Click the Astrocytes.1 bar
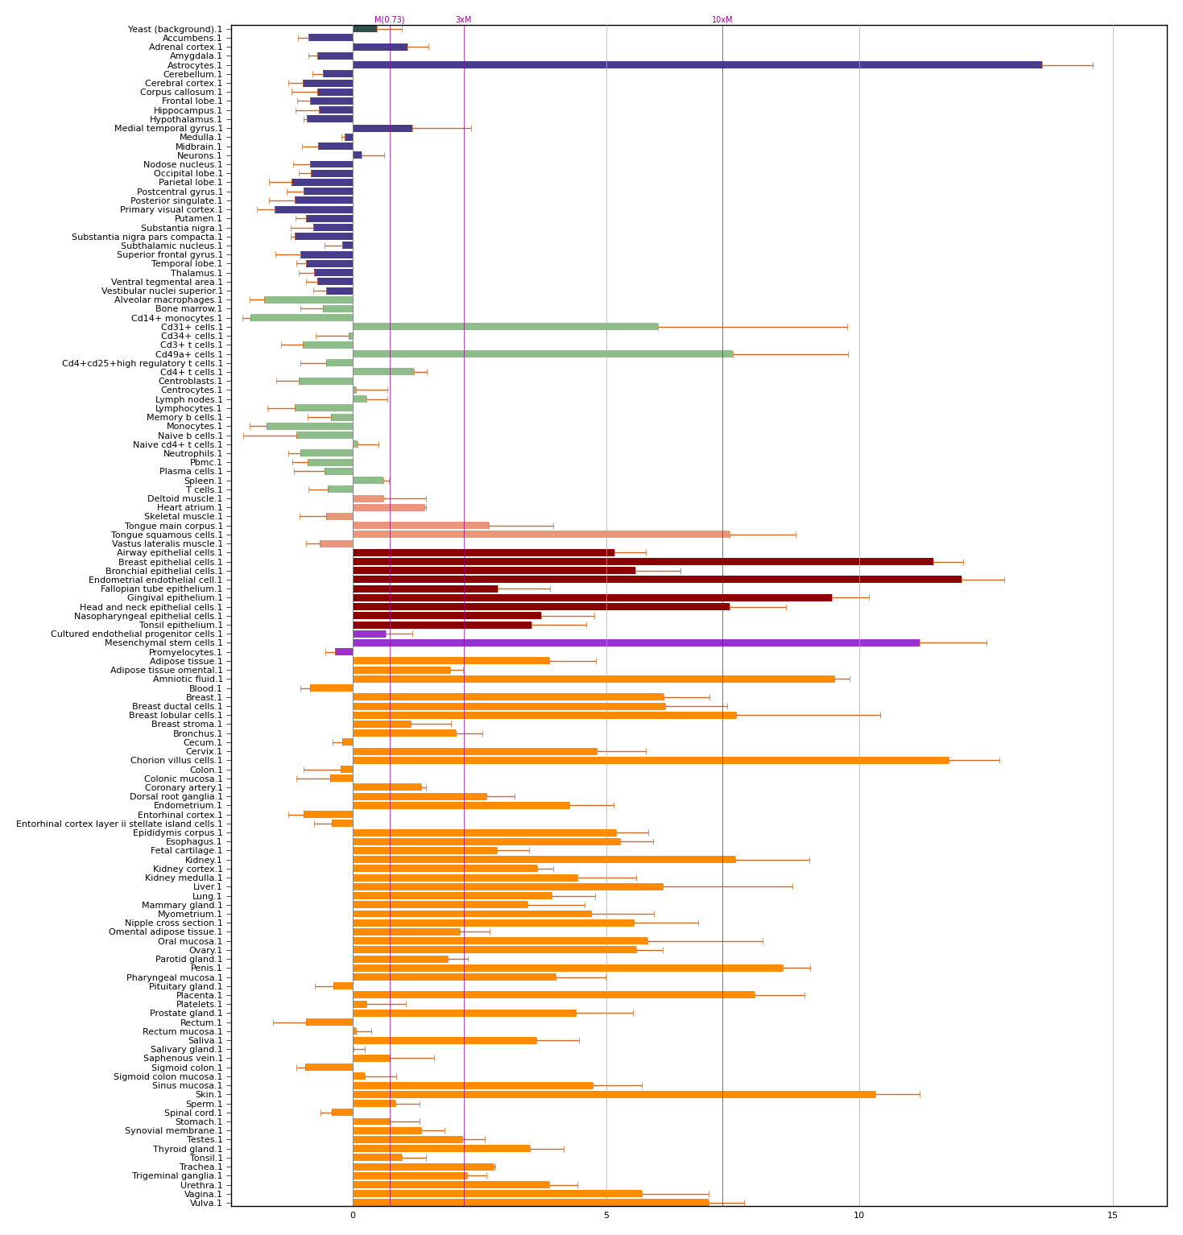coord(697,65)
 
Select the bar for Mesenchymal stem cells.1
coord(636,642)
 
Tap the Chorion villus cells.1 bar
coord(651,760)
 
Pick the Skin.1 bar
coord(614,1094)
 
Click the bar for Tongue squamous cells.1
coord(541,535)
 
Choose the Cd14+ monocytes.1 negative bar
coord(302,318)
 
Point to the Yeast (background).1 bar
coord(365,29)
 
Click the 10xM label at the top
coord(722,20)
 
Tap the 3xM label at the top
coord(464,20)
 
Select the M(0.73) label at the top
coord(390,20)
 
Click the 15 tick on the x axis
coord(1113,1216)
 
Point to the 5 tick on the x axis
coord(606,1216)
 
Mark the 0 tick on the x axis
coord(353,1216)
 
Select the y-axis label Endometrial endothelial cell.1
coord(155,580)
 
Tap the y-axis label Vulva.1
coord(206,1203)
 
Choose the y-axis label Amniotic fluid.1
coord(188,679)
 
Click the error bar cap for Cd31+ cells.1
coord(847,327)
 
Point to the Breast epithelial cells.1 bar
coord(643,561)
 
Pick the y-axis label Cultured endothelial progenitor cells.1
coord(137,634)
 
